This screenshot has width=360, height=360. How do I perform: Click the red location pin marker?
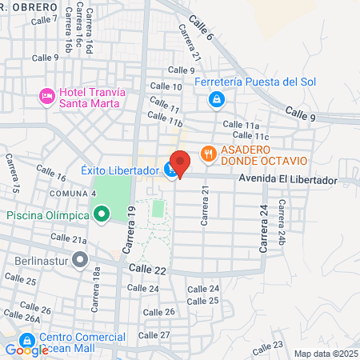(x=180, y=162)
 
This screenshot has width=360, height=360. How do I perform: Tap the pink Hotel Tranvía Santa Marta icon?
(x=47, y=97)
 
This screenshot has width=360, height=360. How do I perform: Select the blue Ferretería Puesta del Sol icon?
(x=215, y=99)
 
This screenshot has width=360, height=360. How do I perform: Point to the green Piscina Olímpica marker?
(x=102, y=214)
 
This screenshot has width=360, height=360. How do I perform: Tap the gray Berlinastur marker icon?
(x=79, y=260)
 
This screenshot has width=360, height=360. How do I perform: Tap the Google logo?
(x=26, y=350)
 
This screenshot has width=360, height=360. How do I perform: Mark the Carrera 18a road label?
(x=96, y=289)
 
